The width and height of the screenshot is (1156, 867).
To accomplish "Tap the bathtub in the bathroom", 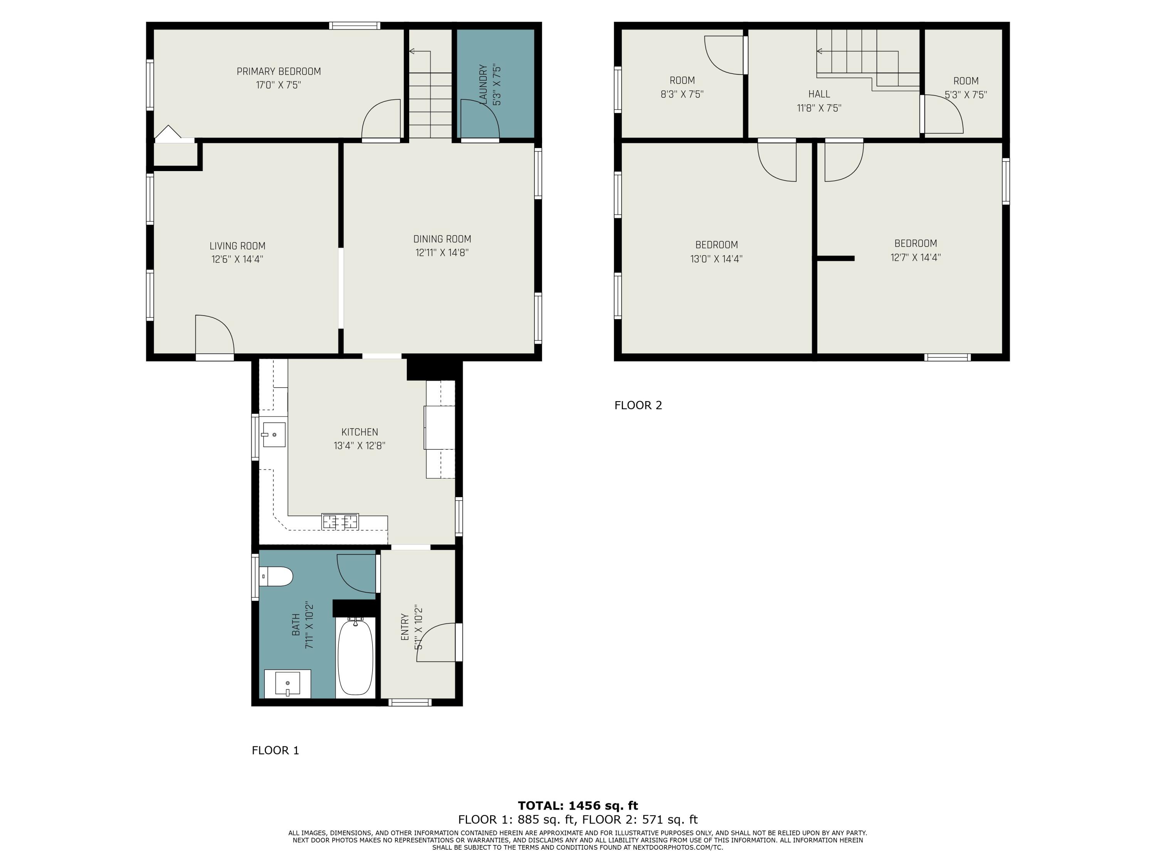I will pos(355,657).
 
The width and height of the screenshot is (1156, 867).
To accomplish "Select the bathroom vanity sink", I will pos(287,684).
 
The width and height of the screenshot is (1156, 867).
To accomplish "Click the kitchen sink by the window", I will pos(273,434).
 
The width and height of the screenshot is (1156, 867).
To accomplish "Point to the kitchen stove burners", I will pos(340,521).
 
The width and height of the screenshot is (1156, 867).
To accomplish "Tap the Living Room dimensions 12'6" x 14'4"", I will pos(237,259).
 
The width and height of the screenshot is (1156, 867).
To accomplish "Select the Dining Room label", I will pos(442,239).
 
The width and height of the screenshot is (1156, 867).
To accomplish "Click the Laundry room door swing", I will pos(478,119).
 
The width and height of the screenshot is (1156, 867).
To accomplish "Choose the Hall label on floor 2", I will pos(819,94).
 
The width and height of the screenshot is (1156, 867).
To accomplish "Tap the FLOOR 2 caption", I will pos(638,405).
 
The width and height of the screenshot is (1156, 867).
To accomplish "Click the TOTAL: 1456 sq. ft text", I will pos(578,805).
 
